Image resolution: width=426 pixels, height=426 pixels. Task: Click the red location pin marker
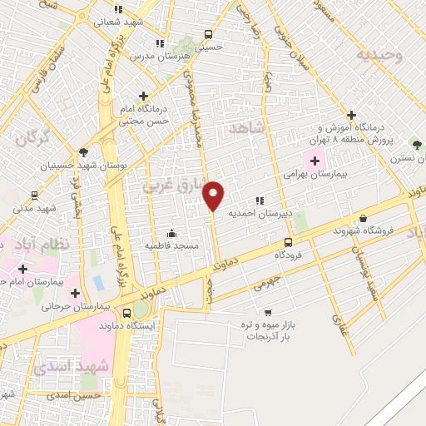point(214,196)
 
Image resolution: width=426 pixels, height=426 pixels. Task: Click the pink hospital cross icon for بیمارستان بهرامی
point(315,161)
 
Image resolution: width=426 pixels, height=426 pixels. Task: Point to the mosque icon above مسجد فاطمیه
point(171,232)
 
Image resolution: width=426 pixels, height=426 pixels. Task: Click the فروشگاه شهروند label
point(362,230)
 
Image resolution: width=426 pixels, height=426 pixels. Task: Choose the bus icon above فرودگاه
point(288,242)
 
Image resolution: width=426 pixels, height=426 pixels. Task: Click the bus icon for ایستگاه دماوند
point(126,314)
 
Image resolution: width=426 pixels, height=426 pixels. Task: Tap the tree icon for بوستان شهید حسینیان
point(82,151)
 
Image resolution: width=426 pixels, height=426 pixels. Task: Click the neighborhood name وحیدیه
point(379,55)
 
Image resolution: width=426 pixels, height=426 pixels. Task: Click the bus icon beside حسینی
point(208,35)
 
